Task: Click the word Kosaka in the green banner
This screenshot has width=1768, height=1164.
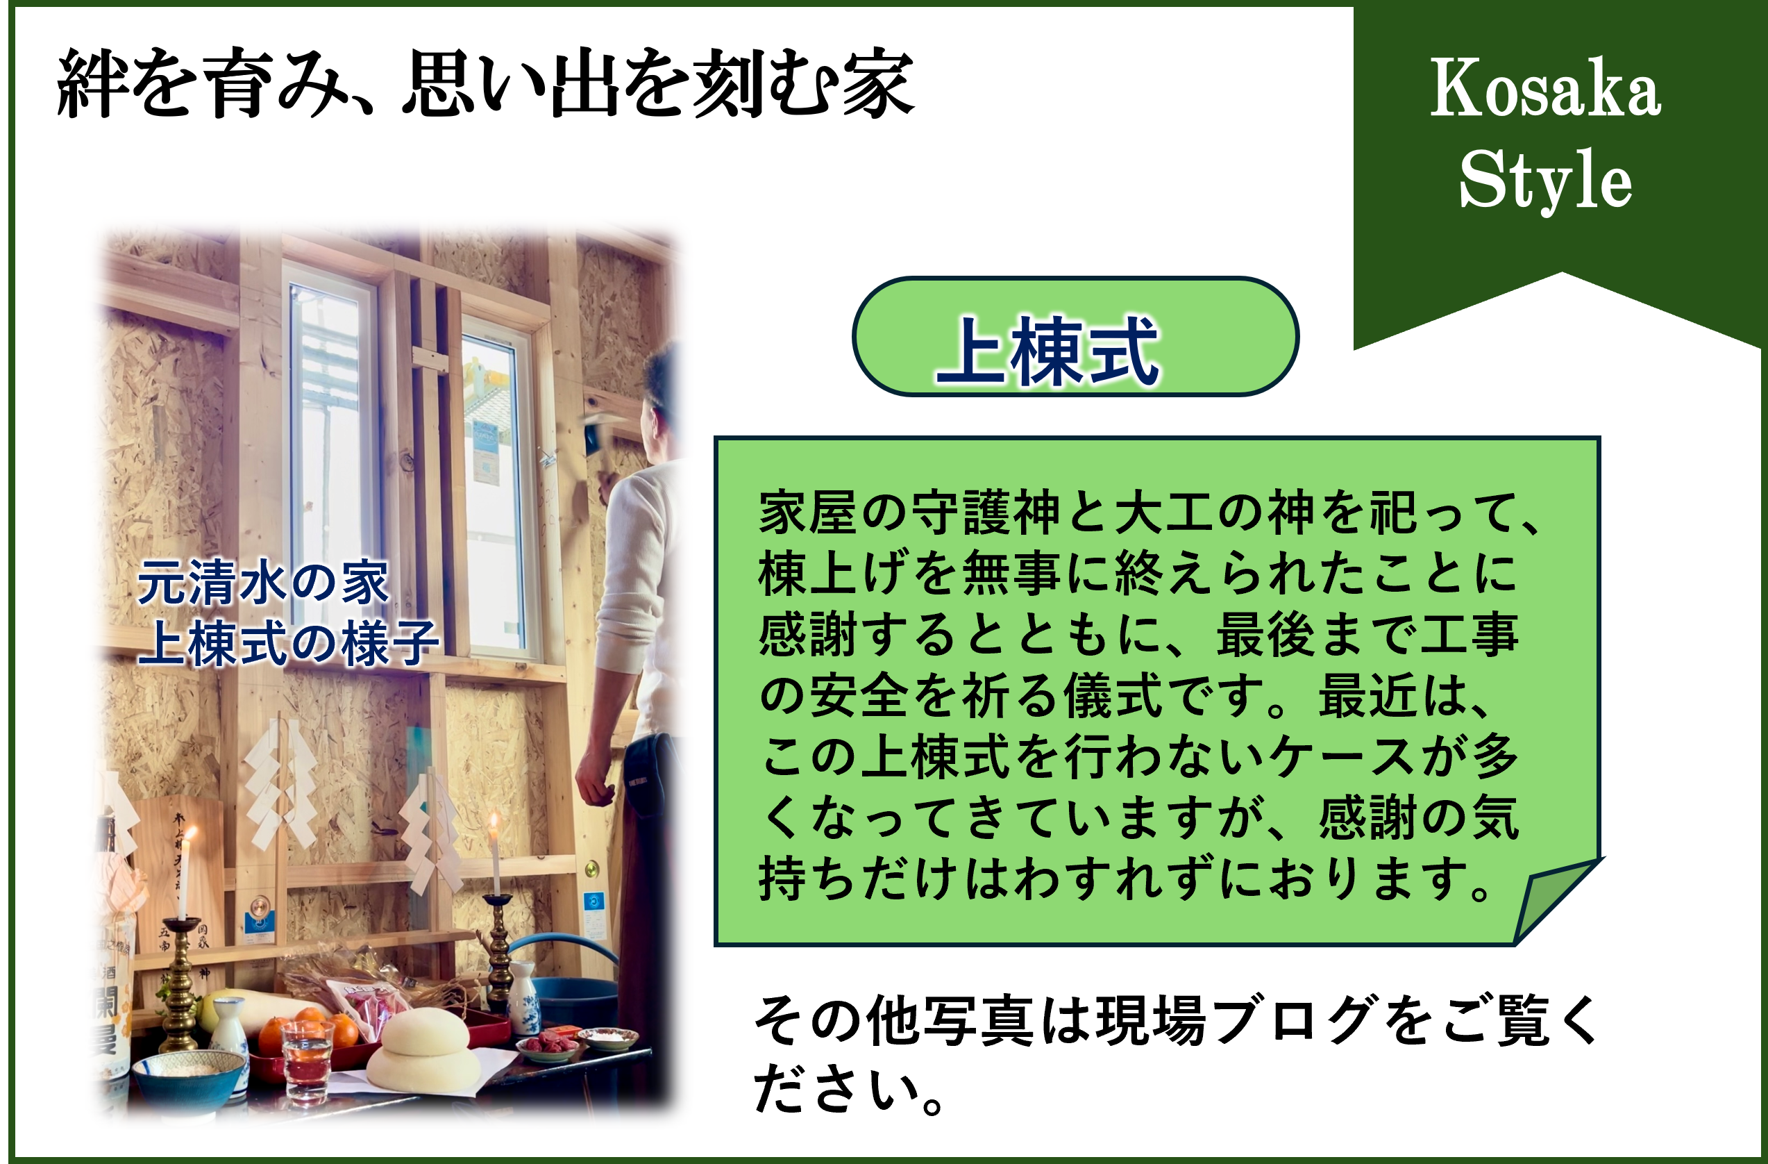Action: click(1544, 88)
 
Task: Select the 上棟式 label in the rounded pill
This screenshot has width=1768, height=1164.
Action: click(1047, 350)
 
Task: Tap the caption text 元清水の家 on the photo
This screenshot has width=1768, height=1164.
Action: click(263, 583)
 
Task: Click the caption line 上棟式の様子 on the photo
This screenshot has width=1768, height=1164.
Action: click(288, 643)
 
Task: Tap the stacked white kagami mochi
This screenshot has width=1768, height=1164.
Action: click(424, 1051)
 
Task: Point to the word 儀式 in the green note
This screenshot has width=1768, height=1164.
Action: click(1112, 696)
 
